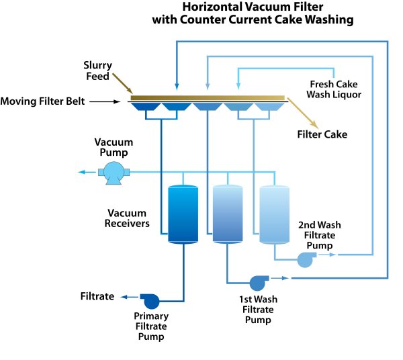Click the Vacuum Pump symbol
(x=112, y=173)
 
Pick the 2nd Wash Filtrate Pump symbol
(x=306, y=260)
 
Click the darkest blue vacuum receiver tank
(x=182, y=214)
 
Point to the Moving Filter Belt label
(x=42, y=102)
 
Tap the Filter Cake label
(x=322, y=134)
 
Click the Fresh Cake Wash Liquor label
(x=334, y=89)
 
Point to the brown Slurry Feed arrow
(x=123, y=85)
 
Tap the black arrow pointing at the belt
(x=107, y=102)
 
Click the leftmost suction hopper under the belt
(x=144, y=108)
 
